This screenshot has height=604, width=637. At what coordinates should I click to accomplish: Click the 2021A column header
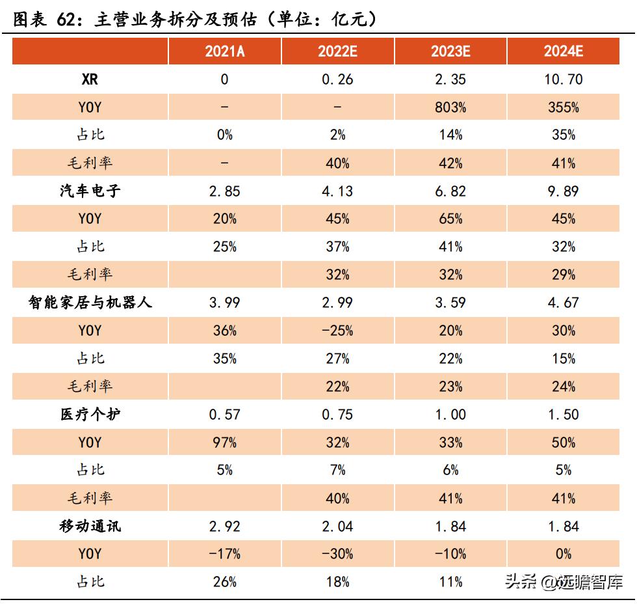click(x=225, y=52)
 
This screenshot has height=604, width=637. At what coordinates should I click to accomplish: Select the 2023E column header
click(x=450, y=52)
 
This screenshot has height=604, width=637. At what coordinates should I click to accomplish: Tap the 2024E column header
click(x=564, y=52)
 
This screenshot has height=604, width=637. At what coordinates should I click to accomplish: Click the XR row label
click(x=90, y=79)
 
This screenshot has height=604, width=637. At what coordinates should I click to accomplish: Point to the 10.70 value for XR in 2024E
click(x=564, y=79)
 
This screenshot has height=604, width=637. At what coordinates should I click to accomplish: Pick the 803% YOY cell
click(x=450, y=107)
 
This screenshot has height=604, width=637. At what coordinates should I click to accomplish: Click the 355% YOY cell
click(x=564, y=107)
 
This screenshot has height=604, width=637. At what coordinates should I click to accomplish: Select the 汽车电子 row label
click(x=90, y=191)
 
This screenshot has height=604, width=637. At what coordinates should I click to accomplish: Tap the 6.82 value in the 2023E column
click(x=450, y=191)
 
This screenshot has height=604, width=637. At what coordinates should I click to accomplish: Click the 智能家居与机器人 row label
click(x=90, y=303)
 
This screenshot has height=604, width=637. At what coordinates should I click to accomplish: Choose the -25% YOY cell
click(x=337, y=331)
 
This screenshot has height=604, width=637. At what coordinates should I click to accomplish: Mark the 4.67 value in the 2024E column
click(x=564, y=303)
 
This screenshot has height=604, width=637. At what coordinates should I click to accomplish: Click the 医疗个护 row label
click(x=90, y=415)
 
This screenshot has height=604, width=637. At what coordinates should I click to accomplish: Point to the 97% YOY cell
click(x=225, y=443)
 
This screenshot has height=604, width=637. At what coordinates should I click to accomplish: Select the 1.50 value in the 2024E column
click(x=564, y=415)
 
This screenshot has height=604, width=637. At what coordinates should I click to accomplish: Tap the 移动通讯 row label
click(x=90, y=526)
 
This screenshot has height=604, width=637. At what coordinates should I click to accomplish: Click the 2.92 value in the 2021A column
click(x=225, y=526)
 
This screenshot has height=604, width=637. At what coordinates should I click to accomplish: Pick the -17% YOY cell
click(x=225, y=554)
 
